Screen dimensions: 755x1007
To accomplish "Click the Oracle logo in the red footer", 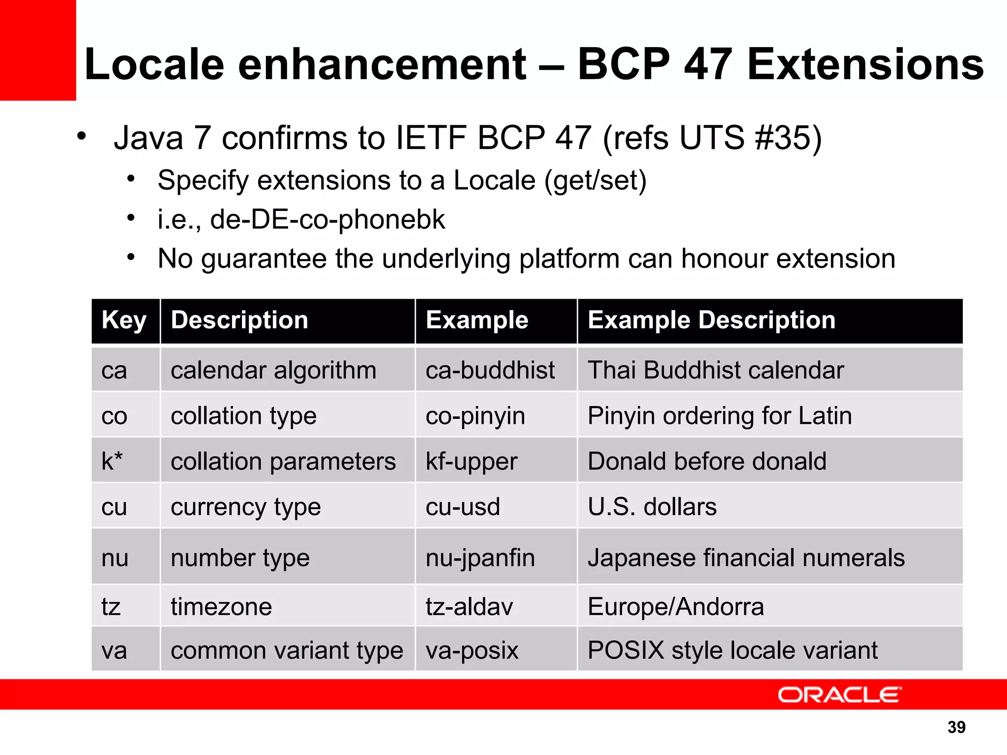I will (x=839, y=695).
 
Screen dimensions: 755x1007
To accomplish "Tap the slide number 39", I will (x=956, y=727).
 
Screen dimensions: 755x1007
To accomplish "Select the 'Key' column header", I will (x=124, y=320).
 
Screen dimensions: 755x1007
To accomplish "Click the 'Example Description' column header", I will (x=711, y=320).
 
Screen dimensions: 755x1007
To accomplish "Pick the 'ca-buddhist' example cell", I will (x=490, y=370).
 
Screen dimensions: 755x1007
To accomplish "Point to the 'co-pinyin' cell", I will (x=475, y=416).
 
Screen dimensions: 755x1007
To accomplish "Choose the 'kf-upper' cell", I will (x=472, y=462).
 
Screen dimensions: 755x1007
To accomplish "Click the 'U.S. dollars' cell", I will (x=652, y=507).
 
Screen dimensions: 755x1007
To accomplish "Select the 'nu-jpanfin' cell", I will (x=480, y=558).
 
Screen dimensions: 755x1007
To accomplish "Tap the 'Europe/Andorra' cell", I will (x=676, y=607).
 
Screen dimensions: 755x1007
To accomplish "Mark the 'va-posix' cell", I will (x=472, y=650).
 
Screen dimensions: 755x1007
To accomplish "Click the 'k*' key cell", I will (x=112, y=462).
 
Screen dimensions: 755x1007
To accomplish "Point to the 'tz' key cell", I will (x=111, y=607).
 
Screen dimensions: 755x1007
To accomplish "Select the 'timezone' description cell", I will (x=221, y=607).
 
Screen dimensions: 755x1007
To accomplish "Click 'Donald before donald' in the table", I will (x=707, y=462).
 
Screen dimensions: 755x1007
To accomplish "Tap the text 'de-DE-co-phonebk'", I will (x=327, y=220).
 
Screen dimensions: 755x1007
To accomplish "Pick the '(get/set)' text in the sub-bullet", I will (x=595, y=180).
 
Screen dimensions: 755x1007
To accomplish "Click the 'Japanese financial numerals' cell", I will (x=746, y=558).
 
